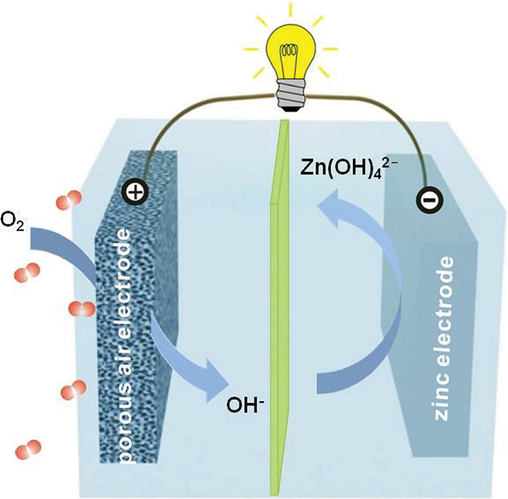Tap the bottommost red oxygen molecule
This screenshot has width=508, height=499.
(x=29, y=448)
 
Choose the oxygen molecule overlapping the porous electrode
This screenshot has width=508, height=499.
(x=81, y=309)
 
